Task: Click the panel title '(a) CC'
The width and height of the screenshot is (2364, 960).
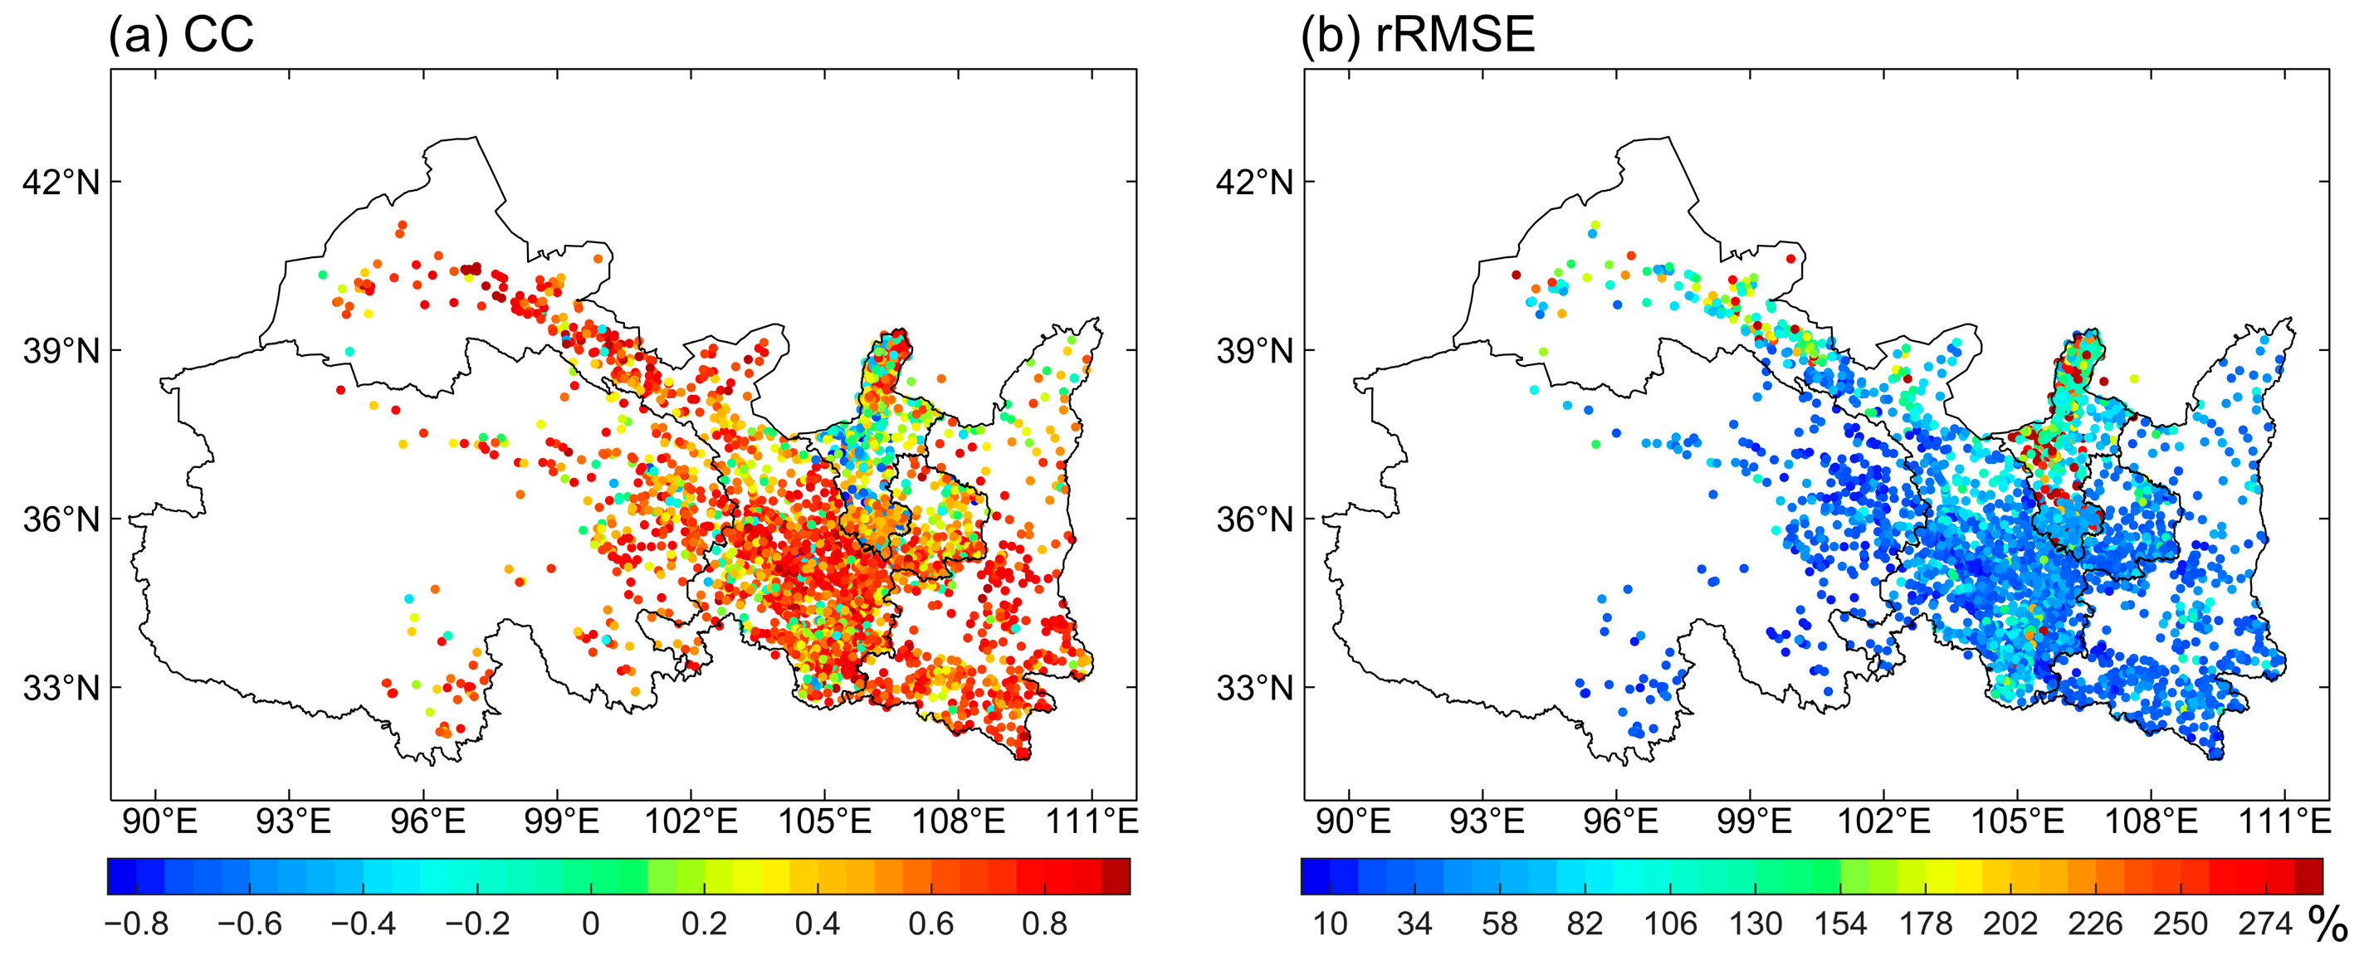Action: click(180, 35)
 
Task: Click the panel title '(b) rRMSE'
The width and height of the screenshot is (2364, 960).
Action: click(1417, 35)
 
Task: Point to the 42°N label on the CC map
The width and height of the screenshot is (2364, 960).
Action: click(61, 183)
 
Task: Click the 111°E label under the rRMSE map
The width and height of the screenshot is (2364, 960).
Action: click(2284, 821)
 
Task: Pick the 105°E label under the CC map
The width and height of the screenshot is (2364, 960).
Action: click(824, 821)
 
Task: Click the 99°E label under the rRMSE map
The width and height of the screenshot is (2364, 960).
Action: click(1753, 821)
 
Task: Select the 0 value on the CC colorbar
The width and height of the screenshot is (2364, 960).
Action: click(590, 923)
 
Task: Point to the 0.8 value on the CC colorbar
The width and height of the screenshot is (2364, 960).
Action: click(1044, 923)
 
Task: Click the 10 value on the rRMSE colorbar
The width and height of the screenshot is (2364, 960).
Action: click(1330, 923)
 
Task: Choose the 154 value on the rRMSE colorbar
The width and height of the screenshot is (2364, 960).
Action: click(1840, 923)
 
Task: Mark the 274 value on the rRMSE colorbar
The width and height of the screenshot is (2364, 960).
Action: click(2265, 923)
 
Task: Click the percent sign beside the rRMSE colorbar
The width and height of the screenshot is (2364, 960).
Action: click(2327, 925)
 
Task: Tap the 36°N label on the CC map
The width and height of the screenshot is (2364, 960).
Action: click(61, 519)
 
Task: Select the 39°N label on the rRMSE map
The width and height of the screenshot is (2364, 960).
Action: click(1253, 351)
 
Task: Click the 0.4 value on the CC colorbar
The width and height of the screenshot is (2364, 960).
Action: click(818, 923)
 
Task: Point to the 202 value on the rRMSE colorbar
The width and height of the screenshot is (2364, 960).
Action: click(2010, 923)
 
